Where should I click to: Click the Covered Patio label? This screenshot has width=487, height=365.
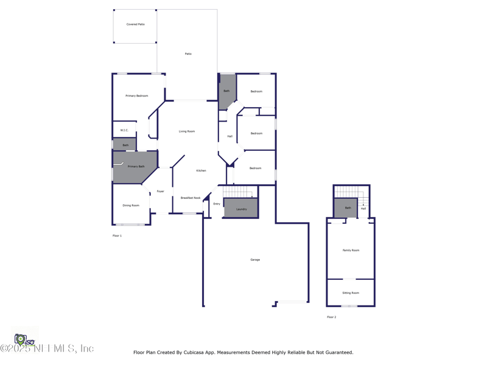pos(136,24)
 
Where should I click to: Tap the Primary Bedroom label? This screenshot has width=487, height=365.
pos(137,96)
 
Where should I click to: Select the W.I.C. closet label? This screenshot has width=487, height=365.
pos(124,130)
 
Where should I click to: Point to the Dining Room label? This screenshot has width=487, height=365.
pos(131,206)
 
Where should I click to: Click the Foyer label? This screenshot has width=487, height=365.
pos(161,192)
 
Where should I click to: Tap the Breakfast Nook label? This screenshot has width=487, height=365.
pos(191,198)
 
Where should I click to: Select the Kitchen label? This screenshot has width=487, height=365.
pos(201,171)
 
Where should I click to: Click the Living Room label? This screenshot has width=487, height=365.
pos(187,131)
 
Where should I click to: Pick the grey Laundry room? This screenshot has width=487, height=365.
pos(241,209)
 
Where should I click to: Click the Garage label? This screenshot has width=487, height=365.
pos(255,260)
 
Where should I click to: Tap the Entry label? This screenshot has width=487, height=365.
pos(217,204)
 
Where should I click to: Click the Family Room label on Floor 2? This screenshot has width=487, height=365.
pos(351,250)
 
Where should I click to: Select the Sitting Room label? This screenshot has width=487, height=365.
pos(351,293)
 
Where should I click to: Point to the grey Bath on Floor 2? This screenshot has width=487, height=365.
pos(346,208)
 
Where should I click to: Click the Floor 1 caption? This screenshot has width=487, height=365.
pos(117,235)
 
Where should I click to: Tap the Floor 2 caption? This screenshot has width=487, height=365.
pos(331,317)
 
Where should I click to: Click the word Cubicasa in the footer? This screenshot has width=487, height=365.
pos(192,352)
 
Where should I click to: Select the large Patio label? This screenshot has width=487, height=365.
pos(188,54)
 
